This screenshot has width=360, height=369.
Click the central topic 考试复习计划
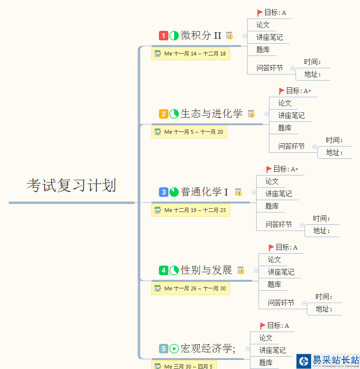click(x=71, y=185)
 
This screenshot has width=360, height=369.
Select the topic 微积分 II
click(x=201, y=36)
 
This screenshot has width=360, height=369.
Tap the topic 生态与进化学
click(x=212, y=114)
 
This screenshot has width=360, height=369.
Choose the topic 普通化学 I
click(x=204, y=192)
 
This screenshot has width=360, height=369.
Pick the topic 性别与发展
click(x=206, y=270)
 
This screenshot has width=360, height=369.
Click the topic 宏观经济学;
click(x=208, y=349)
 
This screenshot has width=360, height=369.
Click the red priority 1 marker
click(x=163, y=36)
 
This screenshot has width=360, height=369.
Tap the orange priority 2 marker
click(x=163, y=114)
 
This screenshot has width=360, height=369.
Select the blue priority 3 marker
click(x=163, y=192)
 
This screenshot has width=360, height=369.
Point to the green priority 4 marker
click(x=163, y=270)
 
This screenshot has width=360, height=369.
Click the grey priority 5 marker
click(x=163, y=349)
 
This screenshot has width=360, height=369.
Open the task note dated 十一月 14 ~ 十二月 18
click(x=191, y=54)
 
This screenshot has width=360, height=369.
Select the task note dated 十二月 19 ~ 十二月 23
click(x=191, y=210)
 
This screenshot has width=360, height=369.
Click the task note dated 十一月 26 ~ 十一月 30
click(x=191, y=288)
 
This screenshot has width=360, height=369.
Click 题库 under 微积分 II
click(x=263, y=49)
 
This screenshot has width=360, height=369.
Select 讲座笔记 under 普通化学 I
click(x=278, y=194)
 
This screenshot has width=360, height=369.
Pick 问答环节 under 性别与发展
click(x=281, y=303)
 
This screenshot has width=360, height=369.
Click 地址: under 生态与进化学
click(x=334, y=152)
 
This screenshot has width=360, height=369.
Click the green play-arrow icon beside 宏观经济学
click(x=174, y=349)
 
